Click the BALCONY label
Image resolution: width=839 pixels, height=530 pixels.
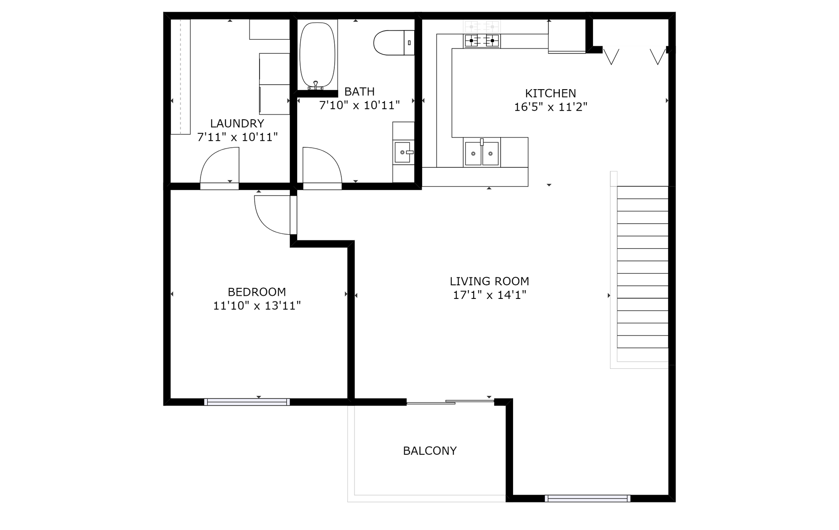point(430,450)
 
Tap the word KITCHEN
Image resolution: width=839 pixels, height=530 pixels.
point(550,93)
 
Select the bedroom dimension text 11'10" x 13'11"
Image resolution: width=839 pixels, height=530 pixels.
point(257,305)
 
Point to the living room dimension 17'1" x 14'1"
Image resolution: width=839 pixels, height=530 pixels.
point(489,295)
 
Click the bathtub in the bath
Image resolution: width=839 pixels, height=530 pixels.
point(317,55)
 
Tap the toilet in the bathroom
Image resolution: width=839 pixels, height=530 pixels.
point(394,42)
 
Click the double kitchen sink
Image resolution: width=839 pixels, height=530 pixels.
point(482,152)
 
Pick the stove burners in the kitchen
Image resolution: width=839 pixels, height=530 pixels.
point(482,41)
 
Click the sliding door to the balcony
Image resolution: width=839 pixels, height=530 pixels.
point(451,402)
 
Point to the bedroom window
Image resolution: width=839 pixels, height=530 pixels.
point(247,402)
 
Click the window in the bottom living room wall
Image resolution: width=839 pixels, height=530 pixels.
point(588,498)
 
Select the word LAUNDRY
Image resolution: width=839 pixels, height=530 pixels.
point(237,124)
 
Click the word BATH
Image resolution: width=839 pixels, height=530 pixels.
point(360,92)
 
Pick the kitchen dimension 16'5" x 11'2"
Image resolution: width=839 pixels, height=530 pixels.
point(551,107)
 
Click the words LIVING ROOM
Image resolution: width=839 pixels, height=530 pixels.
point(489,281)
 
